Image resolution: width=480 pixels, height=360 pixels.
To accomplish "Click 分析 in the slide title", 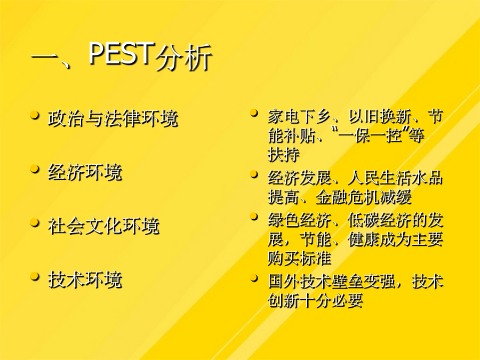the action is pyautogui.click(x=183, y=58).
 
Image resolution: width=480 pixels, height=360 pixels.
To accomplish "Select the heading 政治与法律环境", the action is pyautogui.click(x=113, y=118).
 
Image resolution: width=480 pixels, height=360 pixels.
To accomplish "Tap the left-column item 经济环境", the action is pyautogui.click(x=85, y=172).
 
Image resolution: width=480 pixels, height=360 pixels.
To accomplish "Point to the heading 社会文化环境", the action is pyautogui.click(x=104, y=226).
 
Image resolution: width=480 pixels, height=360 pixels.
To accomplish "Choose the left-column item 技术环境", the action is pyautogui.click(x=85, y=280).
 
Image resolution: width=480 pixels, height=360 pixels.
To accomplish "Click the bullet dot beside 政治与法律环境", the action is pyautogui.click(x=35, y=115).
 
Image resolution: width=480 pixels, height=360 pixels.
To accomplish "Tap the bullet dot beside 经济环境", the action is pyautogui.click(x=35, y=169).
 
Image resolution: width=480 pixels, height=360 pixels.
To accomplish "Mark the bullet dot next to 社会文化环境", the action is pyautogui.click(x=35, y=223).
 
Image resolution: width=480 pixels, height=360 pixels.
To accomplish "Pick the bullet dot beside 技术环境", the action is pyautogui.click(x=35, y=277).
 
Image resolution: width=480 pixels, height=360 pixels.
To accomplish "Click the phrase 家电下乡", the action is pyautogui.click(x=299, y=117).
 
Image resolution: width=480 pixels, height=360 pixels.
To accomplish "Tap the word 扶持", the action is pyautogui.click(x=284, y=155).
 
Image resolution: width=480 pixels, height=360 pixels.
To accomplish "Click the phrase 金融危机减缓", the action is pyautogui.click(x=363, y=197).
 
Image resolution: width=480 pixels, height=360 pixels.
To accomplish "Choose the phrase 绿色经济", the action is pyautogui.click(x=299, y=220).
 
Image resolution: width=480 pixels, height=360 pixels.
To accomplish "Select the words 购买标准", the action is pyautogui.click(x=299, y=258).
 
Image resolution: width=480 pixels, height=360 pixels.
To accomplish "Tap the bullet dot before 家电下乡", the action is pyautogui.click(x=254, y=113).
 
